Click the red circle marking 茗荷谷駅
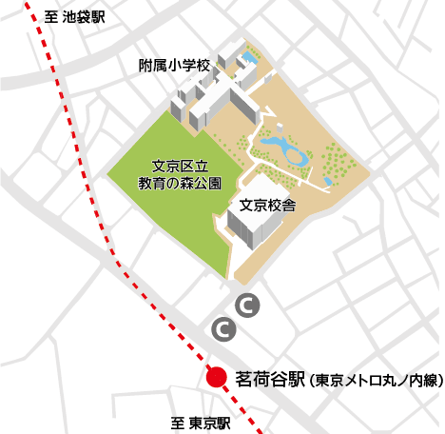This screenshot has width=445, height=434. tap(217, 377)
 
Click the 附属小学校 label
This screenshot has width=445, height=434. tap(173, 67)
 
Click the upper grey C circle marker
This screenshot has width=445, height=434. tap(245, 306)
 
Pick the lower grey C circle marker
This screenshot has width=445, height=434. tap(222, 329)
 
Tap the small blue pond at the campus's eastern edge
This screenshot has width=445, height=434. tap(327, 179)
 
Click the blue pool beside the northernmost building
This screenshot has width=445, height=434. tap(249, 59)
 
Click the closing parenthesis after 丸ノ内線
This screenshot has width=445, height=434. tap(439, 380)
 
